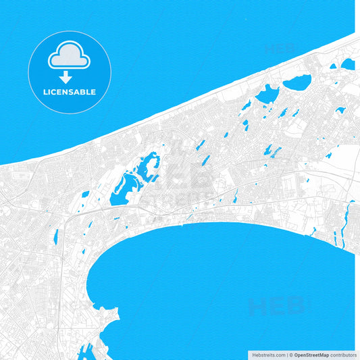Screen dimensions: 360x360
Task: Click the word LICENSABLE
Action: [x=70, y=92]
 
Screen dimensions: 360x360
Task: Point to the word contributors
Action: [x=343, y=355]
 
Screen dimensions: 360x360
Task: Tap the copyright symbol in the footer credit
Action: [x=291, y=355]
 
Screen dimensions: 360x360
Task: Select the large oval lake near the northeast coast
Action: [x=297, y=82]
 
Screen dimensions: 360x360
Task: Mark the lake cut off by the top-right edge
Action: [x=348, y=63]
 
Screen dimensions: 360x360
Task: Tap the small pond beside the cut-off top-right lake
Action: [x=333, y=66]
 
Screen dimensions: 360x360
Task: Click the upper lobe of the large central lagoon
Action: [x=147, y=164]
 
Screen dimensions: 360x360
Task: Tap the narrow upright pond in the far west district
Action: [x=55, y=236]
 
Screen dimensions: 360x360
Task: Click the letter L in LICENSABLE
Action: [x=45, y=92]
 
